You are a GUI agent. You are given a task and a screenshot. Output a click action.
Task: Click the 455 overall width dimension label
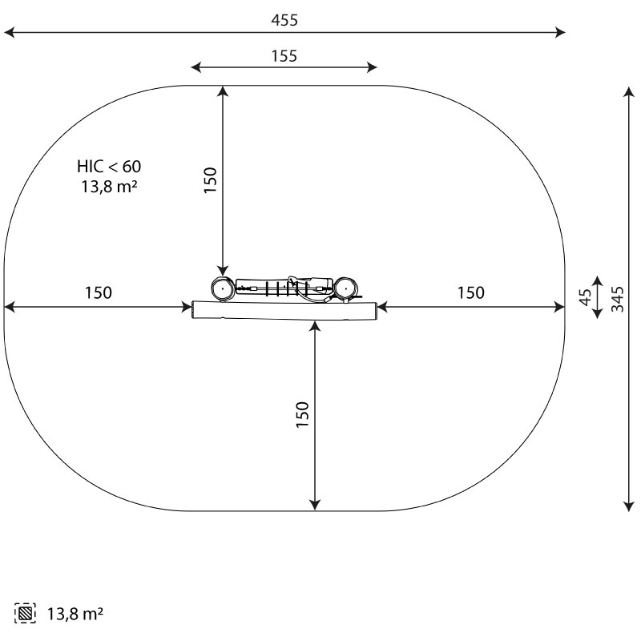tap(284, 20)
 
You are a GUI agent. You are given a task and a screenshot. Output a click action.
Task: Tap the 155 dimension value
tap(284, 56)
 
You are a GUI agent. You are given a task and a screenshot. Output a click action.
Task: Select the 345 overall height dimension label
tap(617, 299)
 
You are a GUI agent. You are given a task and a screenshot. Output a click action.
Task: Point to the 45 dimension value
tap(586, 297)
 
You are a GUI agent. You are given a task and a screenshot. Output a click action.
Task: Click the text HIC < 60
tap(109, 167)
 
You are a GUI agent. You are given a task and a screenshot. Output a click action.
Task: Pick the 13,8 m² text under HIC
tap(109, 187)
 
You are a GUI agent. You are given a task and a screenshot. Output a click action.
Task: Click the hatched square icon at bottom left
tap(25, 613)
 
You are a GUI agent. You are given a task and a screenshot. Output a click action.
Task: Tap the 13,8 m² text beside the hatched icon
tap(75, 614)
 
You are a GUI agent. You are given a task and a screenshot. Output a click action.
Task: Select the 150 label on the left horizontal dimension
tap(98, 292)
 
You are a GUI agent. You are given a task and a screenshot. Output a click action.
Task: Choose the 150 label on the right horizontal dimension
tap(471, 292)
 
